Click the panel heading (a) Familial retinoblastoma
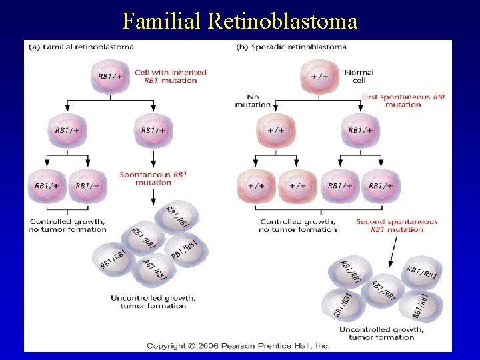coord(81,47)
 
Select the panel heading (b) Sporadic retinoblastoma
coord(291,47)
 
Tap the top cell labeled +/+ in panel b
coord(319,77)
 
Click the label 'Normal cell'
coord(359,76)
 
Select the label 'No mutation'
coord(253,101)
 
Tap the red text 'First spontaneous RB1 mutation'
coord(403,101)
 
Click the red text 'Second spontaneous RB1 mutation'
coord(397,225)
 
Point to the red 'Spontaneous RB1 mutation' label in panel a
coord(153,178)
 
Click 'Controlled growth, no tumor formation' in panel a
coord(68,225)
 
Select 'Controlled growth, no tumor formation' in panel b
coord(298,225)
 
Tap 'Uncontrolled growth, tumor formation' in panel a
coord(153,302)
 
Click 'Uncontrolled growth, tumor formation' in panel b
coord(381,333)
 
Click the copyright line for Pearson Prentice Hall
coord(238,346)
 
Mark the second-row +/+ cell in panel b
coord(276,130)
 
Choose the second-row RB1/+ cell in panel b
coord(361,130)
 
